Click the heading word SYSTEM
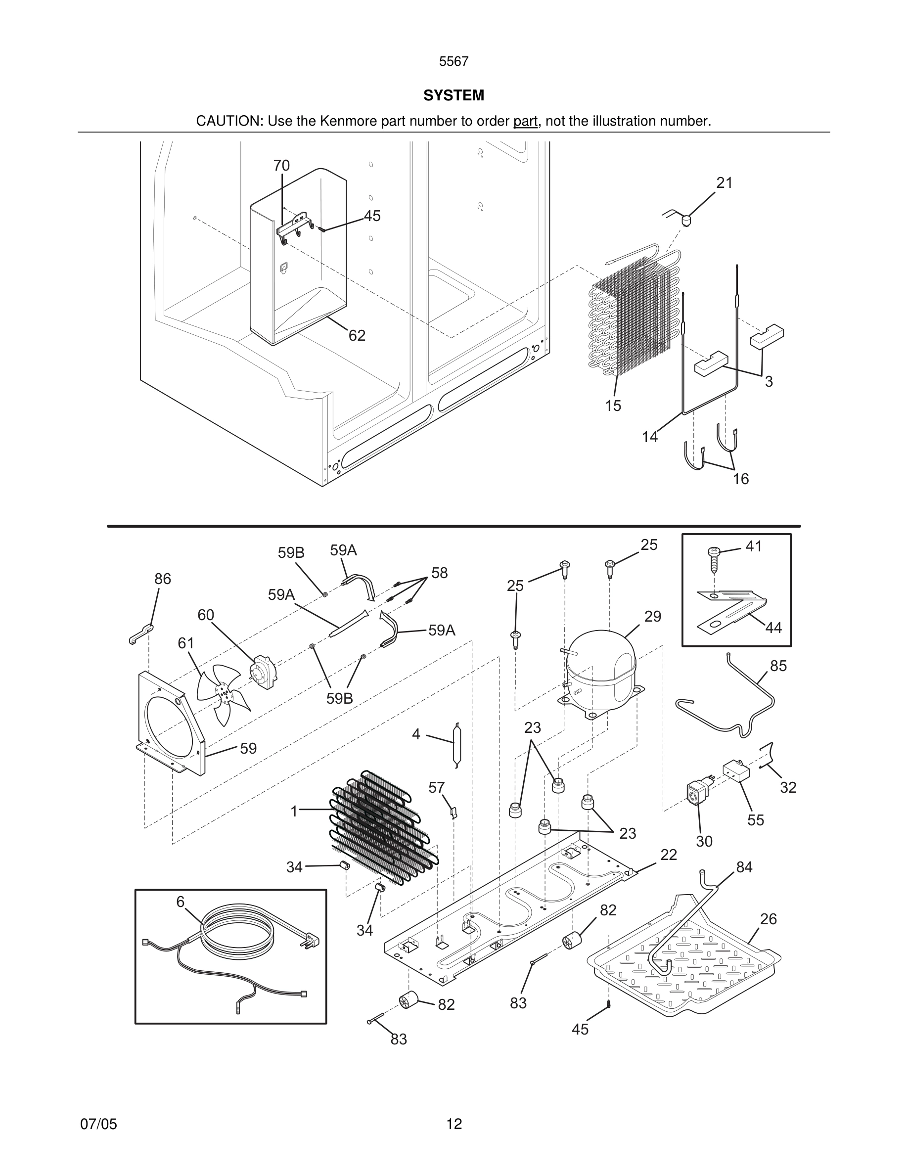click(x=454, y=95)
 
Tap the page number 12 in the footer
click(x=454, y=1124)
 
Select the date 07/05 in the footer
click(x=98, y=1124)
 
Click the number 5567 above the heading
click(x=454, y=62)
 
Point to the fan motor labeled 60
click(x=264, y=671)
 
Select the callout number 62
click(x=357, y=336)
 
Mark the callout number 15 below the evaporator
click(x=613, y=406)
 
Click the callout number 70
click(x=281, y=166)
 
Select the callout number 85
click(x=778, y=666)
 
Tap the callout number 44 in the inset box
click(x=773, y=628)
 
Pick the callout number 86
click(x=162, y=579)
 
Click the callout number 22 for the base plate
click(x=668, y=855)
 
